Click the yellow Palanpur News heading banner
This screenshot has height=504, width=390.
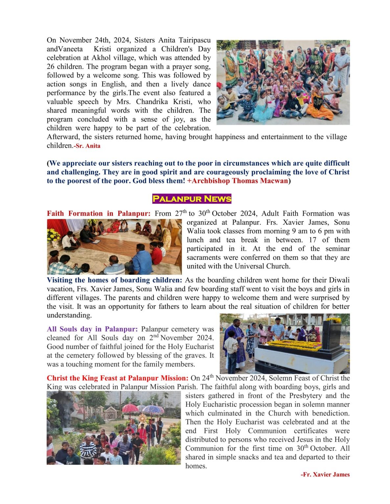[192, 199]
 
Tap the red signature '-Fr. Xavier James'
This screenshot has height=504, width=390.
[325, 474]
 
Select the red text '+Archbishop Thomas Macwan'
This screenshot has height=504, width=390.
[238, 181]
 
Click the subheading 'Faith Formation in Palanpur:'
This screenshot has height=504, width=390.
[99, 214]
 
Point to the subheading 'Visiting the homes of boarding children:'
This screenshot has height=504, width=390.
[114, 280]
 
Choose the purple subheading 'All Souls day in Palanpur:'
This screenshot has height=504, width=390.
[94, 329]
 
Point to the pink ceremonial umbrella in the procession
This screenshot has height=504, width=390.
[130, 409]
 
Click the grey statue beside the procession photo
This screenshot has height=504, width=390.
[61, 410]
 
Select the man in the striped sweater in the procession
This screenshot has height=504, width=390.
[88, 450]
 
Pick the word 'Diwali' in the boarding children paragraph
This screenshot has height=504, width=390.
[338, 280]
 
